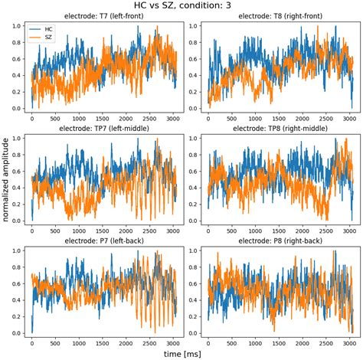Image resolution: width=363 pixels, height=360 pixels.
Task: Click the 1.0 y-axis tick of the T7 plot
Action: tap(17, 25)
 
